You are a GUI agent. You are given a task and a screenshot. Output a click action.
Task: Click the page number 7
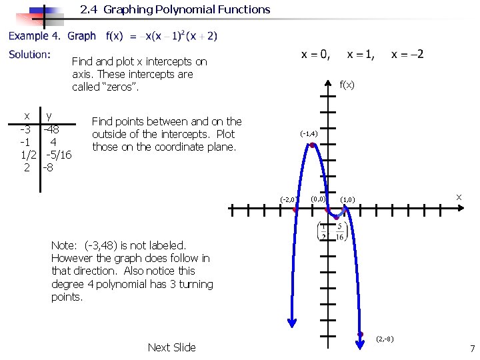point(472,349)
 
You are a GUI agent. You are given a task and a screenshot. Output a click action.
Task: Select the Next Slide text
point(171,347)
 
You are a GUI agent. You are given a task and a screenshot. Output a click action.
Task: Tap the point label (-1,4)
point(309,134)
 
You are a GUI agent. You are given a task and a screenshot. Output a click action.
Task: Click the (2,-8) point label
point(385,339)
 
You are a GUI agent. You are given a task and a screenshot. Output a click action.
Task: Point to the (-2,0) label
point(289,199)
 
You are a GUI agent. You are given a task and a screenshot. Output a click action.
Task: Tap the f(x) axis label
point(347,85)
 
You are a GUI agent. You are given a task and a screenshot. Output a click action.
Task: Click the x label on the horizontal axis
point(458,197)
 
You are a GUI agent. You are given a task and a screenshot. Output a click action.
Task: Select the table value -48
point(51,129)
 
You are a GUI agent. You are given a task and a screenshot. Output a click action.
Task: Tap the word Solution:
point(29,54)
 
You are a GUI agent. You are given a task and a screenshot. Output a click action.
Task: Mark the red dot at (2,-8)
point(361,334)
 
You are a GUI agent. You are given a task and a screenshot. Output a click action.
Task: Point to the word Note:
point(65,245)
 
